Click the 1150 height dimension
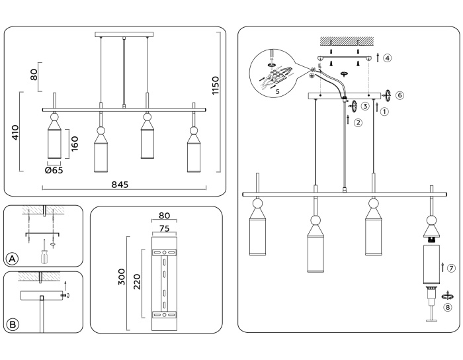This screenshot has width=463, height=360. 215,85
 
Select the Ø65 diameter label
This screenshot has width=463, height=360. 54,171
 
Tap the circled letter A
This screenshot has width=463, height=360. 12,257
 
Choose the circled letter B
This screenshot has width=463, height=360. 12,323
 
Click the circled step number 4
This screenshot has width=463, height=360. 387,58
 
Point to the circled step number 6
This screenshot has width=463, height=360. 400,95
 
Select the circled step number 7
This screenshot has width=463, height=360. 450,268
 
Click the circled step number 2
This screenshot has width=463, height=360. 358,122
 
